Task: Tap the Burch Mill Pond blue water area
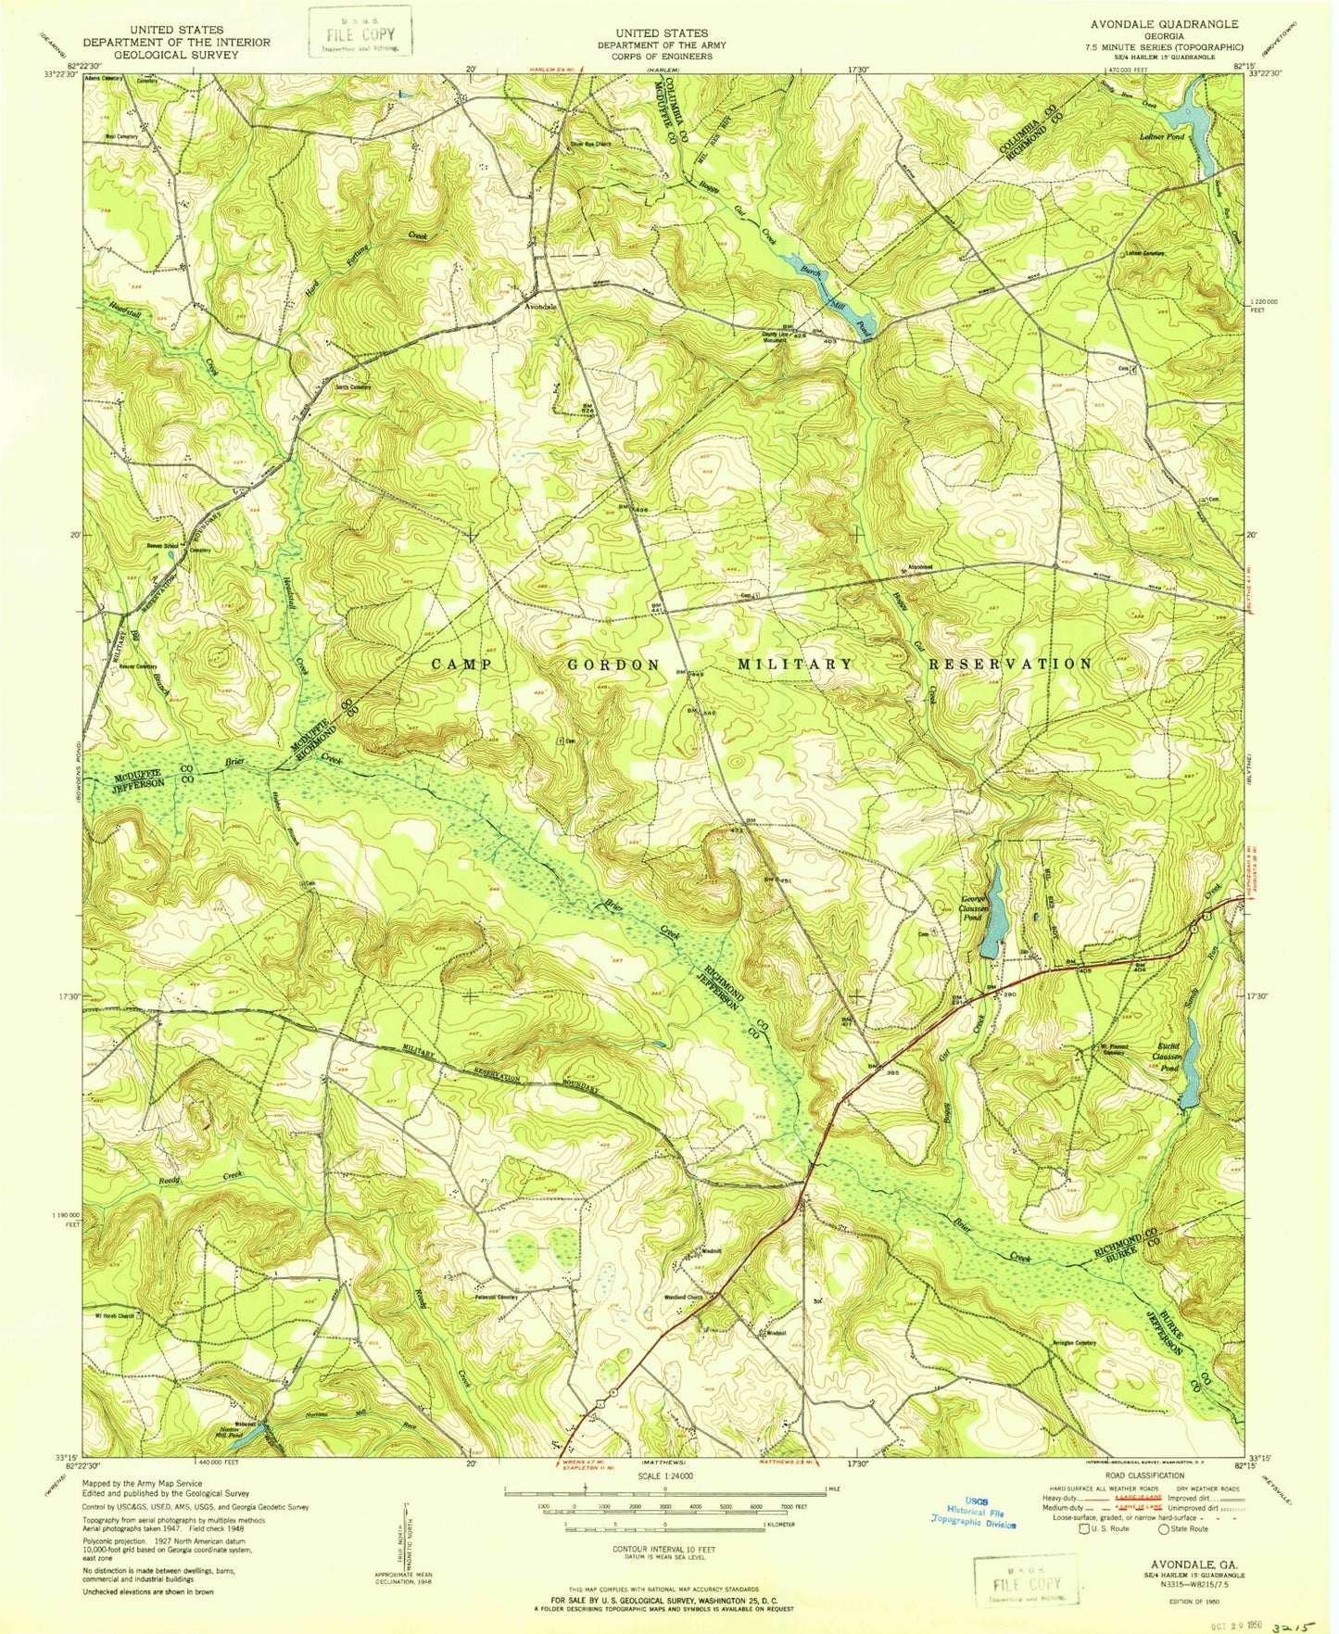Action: [x=834, y=298]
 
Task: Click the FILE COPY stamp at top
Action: [x=360, y=33]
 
